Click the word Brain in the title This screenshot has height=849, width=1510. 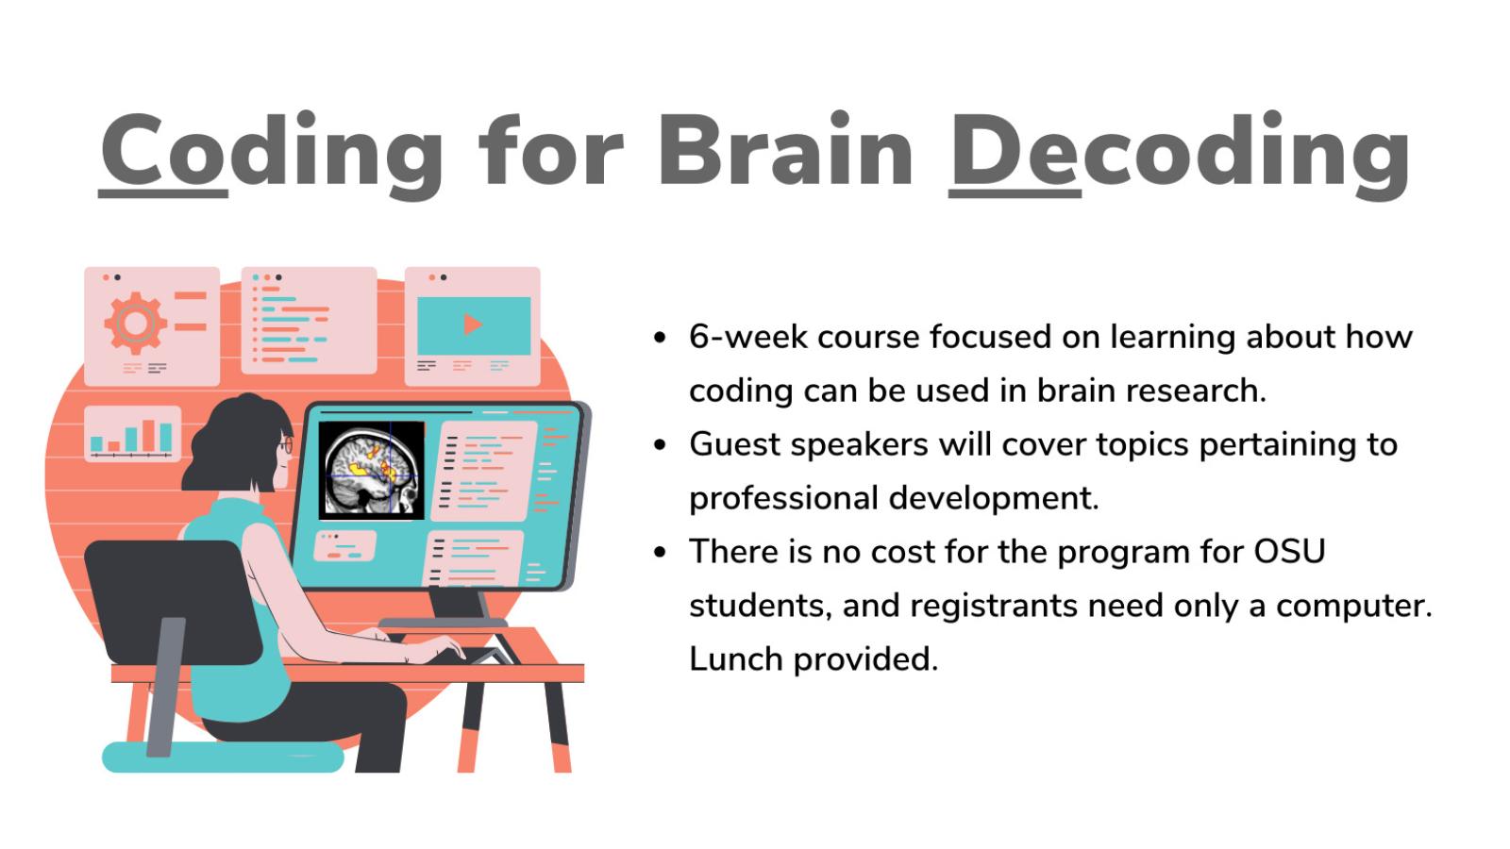pyautogui.click(x=785, y=151)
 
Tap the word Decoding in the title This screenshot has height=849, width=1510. pyautogui.click(x=1180, y=151)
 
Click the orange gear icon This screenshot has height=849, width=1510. pyautogui.click(x=135, y=324)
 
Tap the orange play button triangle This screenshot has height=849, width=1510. pyautogui.click(x=473, y=325)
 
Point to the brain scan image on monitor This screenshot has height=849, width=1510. pyautogui.click(x=372, y=470)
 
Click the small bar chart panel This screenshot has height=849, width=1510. pyautogui.click(x=132, y=434)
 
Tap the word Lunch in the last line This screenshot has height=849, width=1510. pyautogui.click(x=735, y=658)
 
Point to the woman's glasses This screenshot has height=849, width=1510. pyautogui.click(x=286, y=444)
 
